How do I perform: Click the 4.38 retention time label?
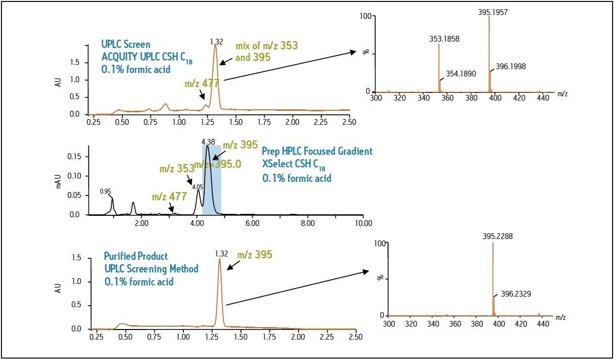[208, 141]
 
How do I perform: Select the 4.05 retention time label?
[197, 186]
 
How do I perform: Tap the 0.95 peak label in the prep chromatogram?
[105, 191]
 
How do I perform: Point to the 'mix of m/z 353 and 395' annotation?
[266, 51]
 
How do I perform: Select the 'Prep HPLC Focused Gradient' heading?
[317, 151]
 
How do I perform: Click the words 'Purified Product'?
[135, 256]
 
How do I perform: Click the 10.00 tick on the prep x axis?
[363, 223]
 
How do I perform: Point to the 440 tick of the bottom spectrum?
[541, 324]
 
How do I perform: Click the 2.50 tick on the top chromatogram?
[349, 122]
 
